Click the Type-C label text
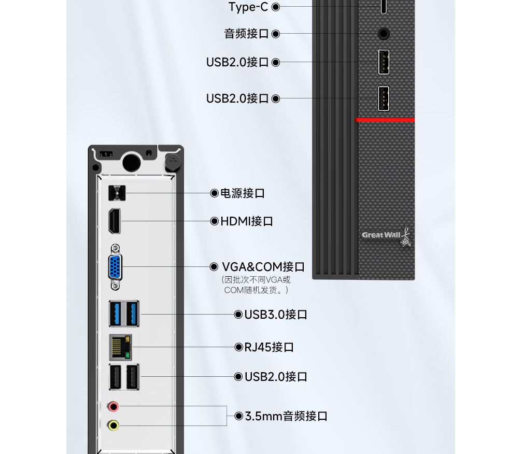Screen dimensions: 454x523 (248, 7)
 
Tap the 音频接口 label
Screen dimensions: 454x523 (246, 34)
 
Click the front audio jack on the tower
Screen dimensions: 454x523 (384, 34)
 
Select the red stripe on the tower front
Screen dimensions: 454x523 (385, 120)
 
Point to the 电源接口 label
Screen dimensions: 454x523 (243, 193)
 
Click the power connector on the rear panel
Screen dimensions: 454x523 (117, 193)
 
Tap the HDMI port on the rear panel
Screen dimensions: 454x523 (115, 221)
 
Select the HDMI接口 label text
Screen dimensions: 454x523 (247, 221)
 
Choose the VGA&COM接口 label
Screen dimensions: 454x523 (263, 267)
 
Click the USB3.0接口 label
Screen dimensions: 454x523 (276, 315)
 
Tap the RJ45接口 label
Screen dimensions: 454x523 (269, 347)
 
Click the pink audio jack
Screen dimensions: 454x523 (113, 406)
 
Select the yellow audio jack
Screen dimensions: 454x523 (113, 425)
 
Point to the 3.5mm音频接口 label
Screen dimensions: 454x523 (286, 416)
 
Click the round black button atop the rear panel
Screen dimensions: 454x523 (131, 162)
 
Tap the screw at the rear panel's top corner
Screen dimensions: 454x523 (173, 161)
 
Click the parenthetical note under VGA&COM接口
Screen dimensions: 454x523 (256, 285)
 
